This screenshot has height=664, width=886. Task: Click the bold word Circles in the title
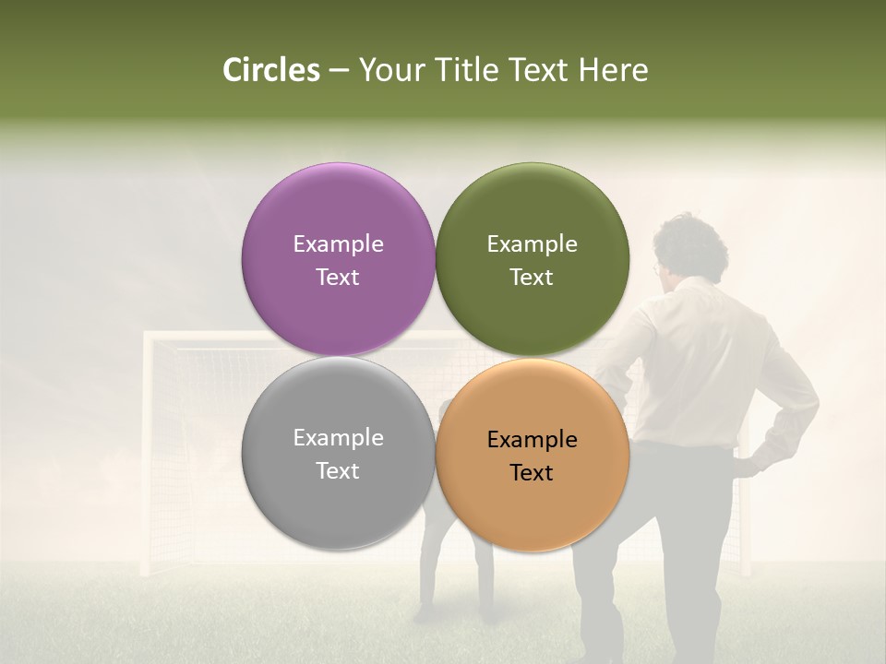pyautogui.click(x=271, y=70)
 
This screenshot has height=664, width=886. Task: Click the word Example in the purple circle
pyautogui.click(x=338, y=243)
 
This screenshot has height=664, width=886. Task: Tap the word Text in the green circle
pyautogui.click(x=532, y=277)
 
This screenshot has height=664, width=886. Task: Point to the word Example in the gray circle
pyautogui.click(x=338, y=437)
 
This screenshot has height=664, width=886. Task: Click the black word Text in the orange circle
pyautogui.click(x=532, y=472)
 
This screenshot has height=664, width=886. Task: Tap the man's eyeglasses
pyautogui.click(x=656, y=269)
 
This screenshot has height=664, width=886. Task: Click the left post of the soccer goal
pyautogui.click(x=147, y=452)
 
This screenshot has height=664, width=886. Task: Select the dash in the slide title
pyautogui.click(x=339, y=70)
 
